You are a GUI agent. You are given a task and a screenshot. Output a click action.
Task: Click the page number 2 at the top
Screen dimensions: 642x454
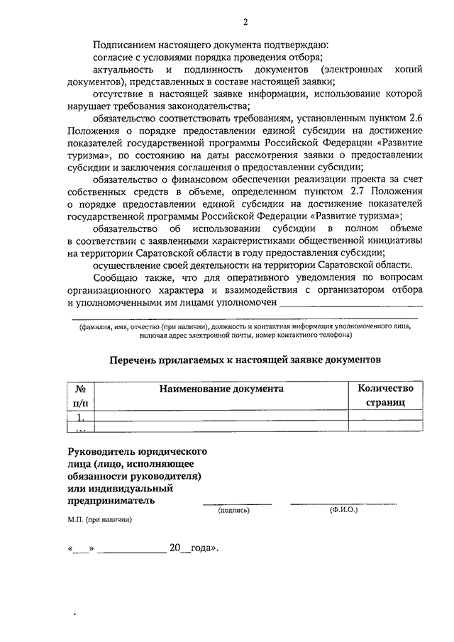(x=245, y=21)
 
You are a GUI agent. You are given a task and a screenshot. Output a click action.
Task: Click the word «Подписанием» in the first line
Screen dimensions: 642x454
(x=123, y=44)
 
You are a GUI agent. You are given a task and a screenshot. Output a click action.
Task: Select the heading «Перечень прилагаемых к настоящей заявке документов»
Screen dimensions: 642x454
(x=245, y=360)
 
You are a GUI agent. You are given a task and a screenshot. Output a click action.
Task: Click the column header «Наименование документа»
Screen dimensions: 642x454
(x=221, y=389)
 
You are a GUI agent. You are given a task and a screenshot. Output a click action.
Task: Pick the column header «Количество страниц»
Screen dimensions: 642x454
(x=384, y=395)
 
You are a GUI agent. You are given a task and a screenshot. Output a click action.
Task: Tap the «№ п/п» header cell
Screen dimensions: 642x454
(x=80, y=395)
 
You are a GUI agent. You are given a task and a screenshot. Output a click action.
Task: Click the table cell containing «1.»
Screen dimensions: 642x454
(x=80, y=416)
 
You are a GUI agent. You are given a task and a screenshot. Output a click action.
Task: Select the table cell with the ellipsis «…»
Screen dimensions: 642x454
(x=80, y=427)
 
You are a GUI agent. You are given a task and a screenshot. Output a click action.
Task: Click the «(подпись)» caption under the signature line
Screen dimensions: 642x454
(x=233, y=510)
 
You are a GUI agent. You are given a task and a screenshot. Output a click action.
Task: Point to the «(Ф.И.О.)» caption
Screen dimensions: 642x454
(x=344, y=510)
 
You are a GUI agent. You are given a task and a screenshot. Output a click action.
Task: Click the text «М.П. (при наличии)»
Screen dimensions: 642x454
(x=96, y=520)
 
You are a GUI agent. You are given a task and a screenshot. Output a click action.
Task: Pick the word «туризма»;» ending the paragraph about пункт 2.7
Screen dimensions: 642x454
(x=377, y=216)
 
